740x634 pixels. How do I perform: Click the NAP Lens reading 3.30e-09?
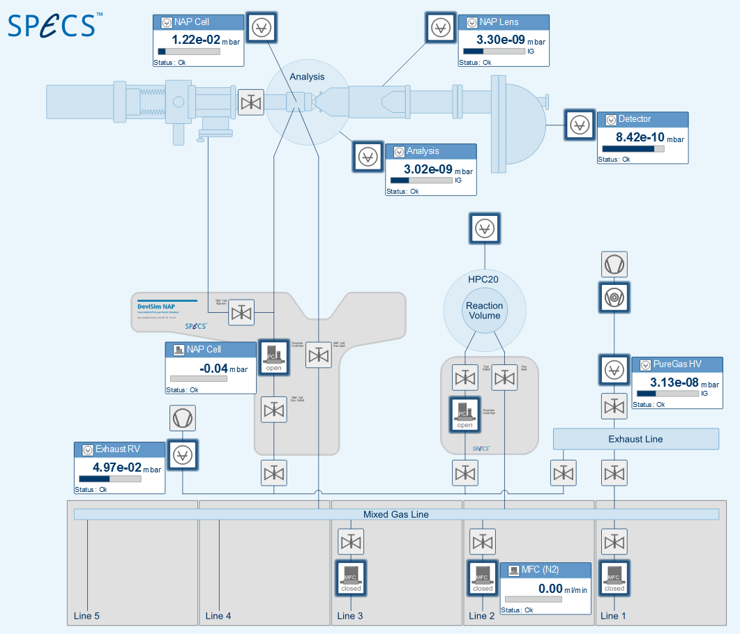click(x=500, y=40)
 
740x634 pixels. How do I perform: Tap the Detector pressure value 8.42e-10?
click(x=640, y=137)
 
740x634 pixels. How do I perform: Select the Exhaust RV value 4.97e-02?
click(x=116, y=467)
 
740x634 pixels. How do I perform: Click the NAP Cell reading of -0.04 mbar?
click(x=213, y=367)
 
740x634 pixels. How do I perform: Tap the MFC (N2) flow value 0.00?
click(x=554, y=588)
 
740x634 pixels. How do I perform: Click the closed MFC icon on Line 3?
click(x=351, y=578)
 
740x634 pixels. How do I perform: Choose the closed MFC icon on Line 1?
click(x=614, y=578)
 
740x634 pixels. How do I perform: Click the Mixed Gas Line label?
click(x=395, y=514)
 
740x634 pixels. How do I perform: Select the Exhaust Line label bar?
click(x=635, y=439)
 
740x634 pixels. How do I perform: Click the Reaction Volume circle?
click(x=484, y=311)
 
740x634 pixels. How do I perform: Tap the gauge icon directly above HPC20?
click(x=484, y=228)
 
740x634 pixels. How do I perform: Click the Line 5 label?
click(x=86, y=616)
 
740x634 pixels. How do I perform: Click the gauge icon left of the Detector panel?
click(x=580, y=125)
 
